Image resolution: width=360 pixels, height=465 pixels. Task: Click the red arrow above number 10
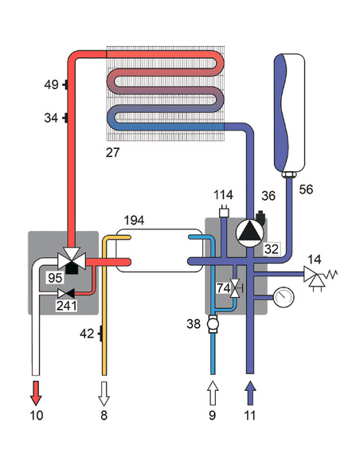pyautogui.click(x=36, y=392)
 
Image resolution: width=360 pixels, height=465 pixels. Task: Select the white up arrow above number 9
pyautogui.click(x=213, y=392)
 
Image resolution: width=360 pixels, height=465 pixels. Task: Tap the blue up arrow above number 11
pyautogui.click(x=252, y=392)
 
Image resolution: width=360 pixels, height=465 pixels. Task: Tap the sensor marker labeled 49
pyautogui.click(x=65, y=84)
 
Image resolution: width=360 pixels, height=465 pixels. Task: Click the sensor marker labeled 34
pyautogui.click(x=65, y=119)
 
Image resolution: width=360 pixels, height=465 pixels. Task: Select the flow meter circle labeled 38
pyautogui.click(x=213, y=325)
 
